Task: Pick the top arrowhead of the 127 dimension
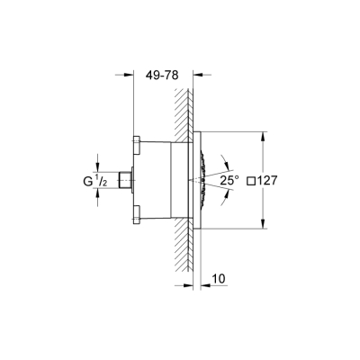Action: coord(262,136)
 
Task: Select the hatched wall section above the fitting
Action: coord(190,108)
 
